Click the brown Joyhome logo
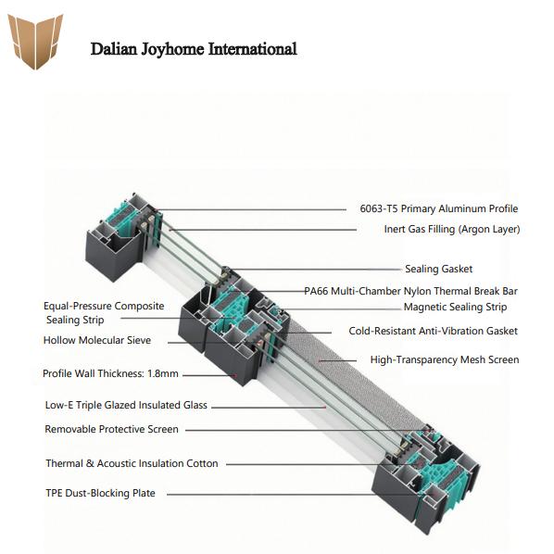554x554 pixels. tap(35, 41)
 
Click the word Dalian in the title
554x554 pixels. tap(113, 49)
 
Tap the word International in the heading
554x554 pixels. tap(252, 49)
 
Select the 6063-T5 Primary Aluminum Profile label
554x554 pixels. tap(439, 208)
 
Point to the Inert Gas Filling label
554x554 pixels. tap(452, 229)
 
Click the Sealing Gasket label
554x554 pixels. tap(438, 269)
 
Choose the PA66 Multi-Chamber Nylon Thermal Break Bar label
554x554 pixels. tap(411, 291)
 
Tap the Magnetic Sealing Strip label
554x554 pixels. tap(455, 307)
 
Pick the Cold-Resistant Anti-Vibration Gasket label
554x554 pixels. tap(434, 331)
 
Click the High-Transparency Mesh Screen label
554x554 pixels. tap(445, 359)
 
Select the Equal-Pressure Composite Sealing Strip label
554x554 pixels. tap(104, 313)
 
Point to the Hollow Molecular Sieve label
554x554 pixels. tap(97, 340)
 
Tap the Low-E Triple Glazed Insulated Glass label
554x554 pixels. tap(126, 405)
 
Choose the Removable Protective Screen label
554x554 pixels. tap(112, 429)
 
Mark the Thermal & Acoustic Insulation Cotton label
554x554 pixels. tap(132, 463)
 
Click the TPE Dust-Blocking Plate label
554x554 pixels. tap(100, 493)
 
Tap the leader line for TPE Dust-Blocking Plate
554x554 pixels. tap(294, 495)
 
